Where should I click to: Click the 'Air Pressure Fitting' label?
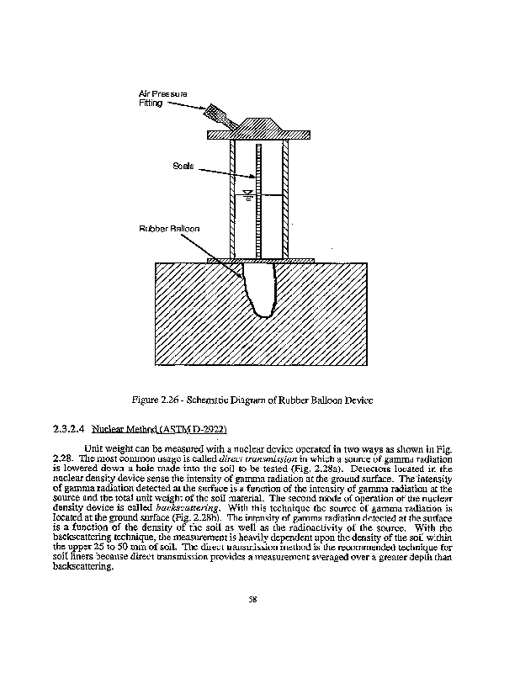[x=162, y=97]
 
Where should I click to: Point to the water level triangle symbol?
[x=247, y=197]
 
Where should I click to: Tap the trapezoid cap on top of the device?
[x=260, y=124]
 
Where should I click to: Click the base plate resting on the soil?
[x=260, y=260]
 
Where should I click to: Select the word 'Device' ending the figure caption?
[x=357, y=399]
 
